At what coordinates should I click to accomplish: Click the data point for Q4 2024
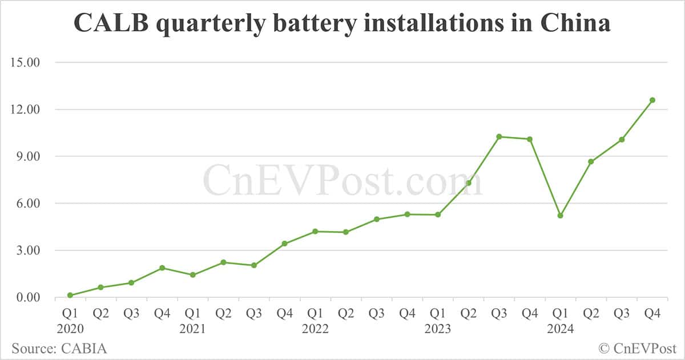(x=652, y=100)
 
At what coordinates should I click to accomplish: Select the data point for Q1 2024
(x=561, y=216)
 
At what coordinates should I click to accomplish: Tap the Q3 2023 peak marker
(x=499, y=136)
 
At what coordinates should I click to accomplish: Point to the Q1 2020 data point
(x=70, y=295)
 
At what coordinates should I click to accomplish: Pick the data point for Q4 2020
(x=162, y=268)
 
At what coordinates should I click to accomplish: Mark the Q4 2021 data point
(x=285, y=244)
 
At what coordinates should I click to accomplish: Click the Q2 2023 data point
(x=469, y=183)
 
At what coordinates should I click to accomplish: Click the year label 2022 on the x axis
(x=315, y=329)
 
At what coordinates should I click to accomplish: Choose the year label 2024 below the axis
(x=561, y=329)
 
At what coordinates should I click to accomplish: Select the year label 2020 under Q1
(x=70, y=329)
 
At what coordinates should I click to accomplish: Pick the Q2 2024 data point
(x=591, y=161)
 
